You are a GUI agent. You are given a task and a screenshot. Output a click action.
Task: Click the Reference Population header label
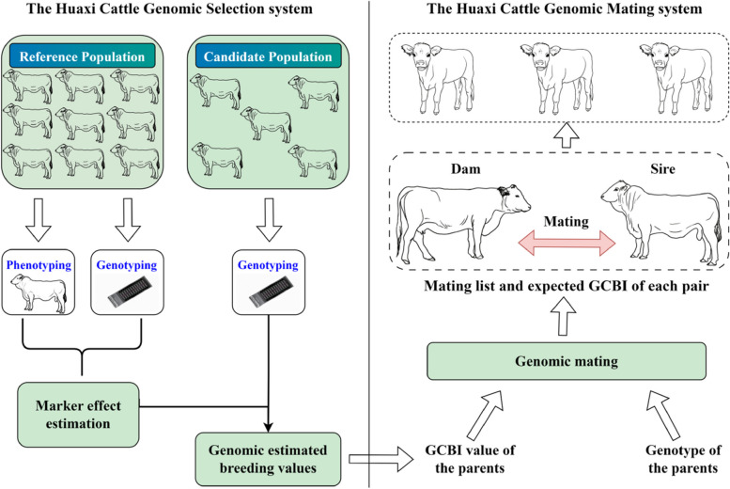[x=82, y=56]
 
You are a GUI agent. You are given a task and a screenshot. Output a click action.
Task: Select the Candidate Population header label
[x=268, y=56]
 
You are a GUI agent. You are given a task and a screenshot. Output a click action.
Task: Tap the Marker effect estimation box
[x=78, y=415]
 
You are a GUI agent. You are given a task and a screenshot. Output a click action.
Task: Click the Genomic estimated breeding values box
[x=268, y=459]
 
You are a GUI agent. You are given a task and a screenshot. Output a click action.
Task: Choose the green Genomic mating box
[x=567, y=361]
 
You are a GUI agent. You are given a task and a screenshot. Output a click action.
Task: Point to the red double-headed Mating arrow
[x=567, y=243]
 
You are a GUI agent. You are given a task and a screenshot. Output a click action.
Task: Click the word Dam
[x=465, y=168]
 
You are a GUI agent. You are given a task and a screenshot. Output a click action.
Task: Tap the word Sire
[x=662, y=168]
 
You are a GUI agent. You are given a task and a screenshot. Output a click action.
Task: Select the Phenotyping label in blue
[x=39, y=265]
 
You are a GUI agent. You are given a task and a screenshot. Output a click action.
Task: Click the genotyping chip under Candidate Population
[x=269, y=291]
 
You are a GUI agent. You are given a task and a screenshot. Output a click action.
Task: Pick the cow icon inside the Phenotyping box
[x=39, y=293]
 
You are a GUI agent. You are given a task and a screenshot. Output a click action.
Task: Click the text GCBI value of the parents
[x=470, y=459]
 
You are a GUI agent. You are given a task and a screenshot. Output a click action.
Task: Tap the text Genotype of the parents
[x=683, y=459]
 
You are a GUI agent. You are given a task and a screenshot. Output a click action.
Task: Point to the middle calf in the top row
[x=558, y=78]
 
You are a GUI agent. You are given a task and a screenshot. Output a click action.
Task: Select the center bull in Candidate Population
[x=267, y=124]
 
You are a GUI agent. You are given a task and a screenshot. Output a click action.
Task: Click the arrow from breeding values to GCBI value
[x=381, y=459]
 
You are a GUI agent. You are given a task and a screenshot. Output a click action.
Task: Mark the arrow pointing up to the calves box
[x=567, y=135]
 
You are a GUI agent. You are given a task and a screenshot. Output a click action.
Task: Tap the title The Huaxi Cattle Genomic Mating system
[x=565, y=8]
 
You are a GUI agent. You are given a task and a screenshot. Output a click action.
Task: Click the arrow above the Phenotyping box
[x=39, y=219]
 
